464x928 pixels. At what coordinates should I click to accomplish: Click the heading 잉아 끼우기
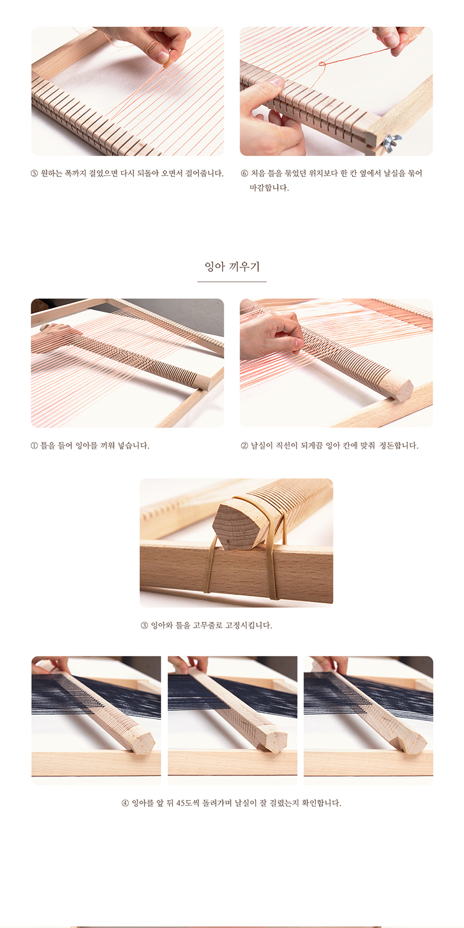tap(232, 266)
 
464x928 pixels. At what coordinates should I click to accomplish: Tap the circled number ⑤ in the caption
tap(34, 173)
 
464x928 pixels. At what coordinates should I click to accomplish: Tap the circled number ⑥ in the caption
tap(244, 173)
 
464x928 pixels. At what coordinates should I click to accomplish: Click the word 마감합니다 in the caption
tap(269, 188)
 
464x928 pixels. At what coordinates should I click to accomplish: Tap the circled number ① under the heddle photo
tap(34, 446)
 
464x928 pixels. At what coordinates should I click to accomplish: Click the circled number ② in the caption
tap(244, 446)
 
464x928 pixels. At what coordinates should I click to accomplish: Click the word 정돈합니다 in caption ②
tap(398, 446)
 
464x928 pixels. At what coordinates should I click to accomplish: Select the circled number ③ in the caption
tap(144, 625)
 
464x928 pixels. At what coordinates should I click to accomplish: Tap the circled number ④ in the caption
tap(125, 803)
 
